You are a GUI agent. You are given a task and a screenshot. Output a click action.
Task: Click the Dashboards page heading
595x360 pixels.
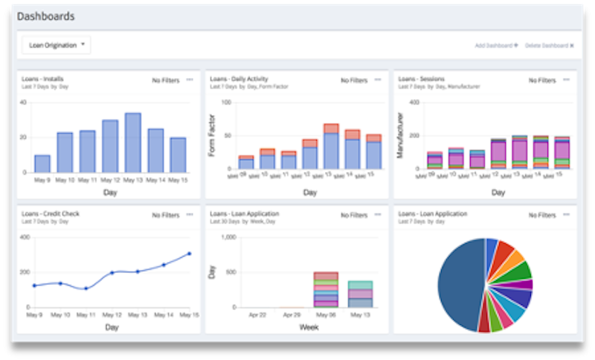(46, 16)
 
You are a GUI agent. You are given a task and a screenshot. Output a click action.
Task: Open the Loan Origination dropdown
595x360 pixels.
(57, 45)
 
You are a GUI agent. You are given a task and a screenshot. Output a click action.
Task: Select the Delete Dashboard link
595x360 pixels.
(549, 45)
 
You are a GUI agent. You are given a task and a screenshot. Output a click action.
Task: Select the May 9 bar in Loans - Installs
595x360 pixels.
(42, 164)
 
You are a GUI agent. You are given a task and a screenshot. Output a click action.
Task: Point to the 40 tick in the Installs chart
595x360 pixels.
(23, 103)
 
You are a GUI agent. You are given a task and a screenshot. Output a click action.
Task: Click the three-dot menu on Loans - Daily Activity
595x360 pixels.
(378, 80)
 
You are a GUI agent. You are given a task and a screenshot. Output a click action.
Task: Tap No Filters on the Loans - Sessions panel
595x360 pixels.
(541, 80)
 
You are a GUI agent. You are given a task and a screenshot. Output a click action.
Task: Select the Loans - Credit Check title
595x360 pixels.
(51, 213)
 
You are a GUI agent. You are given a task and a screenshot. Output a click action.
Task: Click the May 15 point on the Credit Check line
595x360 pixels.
(189, 254)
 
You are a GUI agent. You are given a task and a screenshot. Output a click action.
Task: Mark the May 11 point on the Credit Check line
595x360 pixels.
(86, 289)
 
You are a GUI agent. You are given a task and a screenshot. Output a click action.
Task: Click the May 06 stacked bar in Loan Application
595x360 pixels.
(326, 290)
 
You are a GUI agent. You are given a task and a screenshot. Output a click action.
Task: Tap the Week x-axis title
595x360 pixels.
(309, 327)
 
